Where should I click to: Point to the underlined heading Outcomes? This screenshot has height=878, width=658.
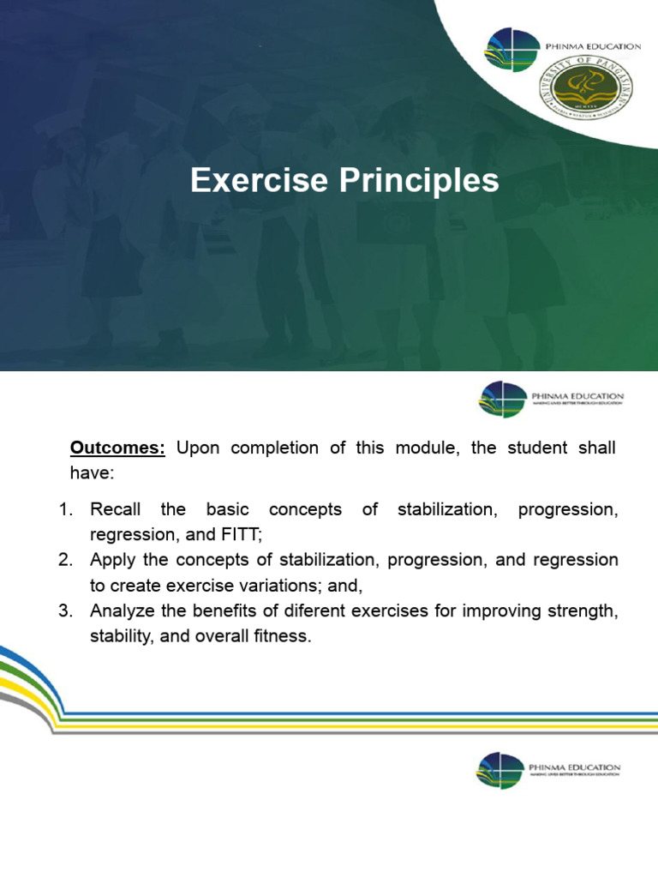[x=117, y=448]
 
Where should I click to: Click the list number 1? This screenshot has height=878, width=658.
[x=64, y=510]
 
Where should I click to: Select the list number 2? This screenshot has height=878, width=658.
[x=64, y=560]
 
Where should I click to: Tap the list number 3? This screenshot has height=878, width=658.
[x=64, y=610]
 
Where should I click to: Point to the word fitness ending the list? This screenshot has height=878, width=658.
[x=281, y=636]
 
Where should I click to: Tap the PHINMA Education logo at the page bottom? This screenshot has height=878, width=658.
[x=548, y=768]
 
